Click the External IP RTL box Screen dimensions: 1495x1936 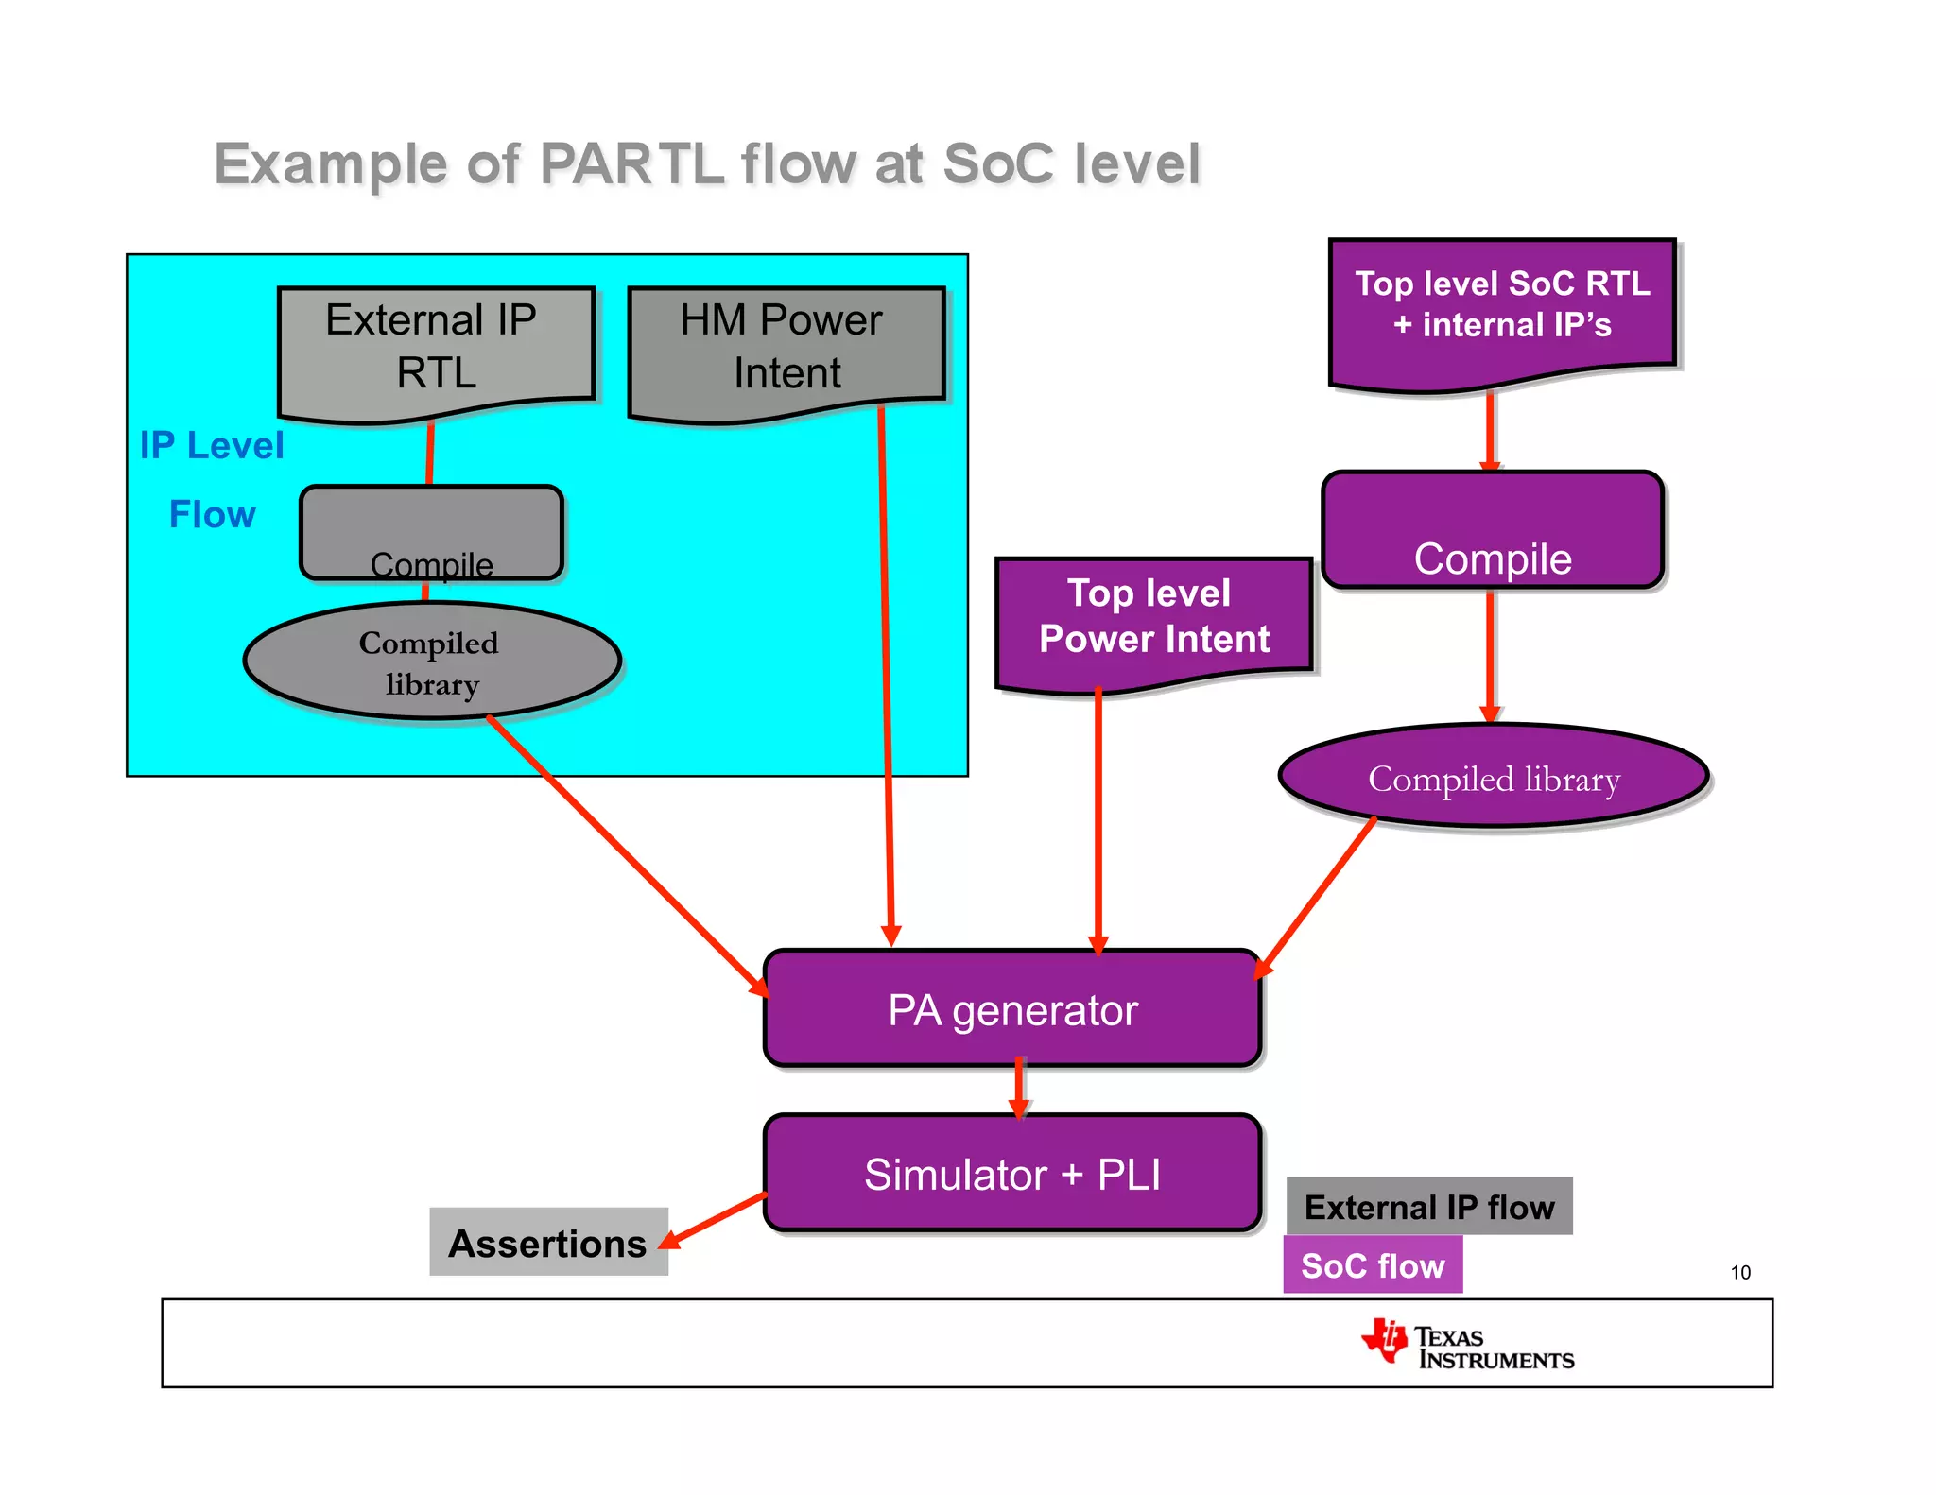pyautogui.click(x=436, y=349)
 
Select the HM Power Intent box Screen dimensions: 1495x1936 pyautogui.click(x=786, y=349)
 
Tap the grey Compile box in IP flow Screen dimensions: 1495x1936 pyautogui.click(x=431, y=532)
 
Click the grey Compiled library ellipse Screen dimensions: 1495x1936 pyautogui.click(x=431, y=662)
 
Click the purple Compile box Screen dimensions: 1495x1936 pyautogui.click(x=1492, y=530)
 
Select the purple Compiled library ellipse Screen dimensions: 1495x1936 pyautogui.click(x=1493, y=777)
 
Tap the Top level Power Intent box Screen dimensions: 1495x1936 pyautogui.click(x=1153, y=619)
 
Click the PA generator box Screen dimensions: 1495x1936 pyautogui.click(x=1011, y=1009)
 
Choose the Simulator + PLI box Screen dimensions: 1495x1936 pyautogui.click(x=1011, y=1174)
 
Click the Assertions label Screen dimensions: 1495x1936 pyautogui.click(x=548, y=1243)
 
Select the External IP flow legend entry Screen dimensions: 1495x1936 pyautogui.click(x=1428, y=1207)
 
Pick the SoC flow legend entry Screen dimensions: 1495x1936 pyautogui.click(x=1372, y=1265)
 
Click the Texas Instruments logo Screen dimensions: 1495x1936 pyautogui.click(x=1466, y=1345)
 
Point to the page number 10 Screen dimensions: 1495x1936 pyautogui.click(x=1740, y=1273)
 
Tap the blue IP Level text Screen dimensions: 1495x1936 pyautogui.click(x=212, y=445)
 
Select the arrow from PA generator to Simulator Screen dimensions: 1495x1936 pyautogui.click(x=1019, y=1090)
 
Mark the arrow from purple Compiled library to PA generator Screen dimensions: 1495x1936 pyautogui.click(x=1316, y=897)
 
